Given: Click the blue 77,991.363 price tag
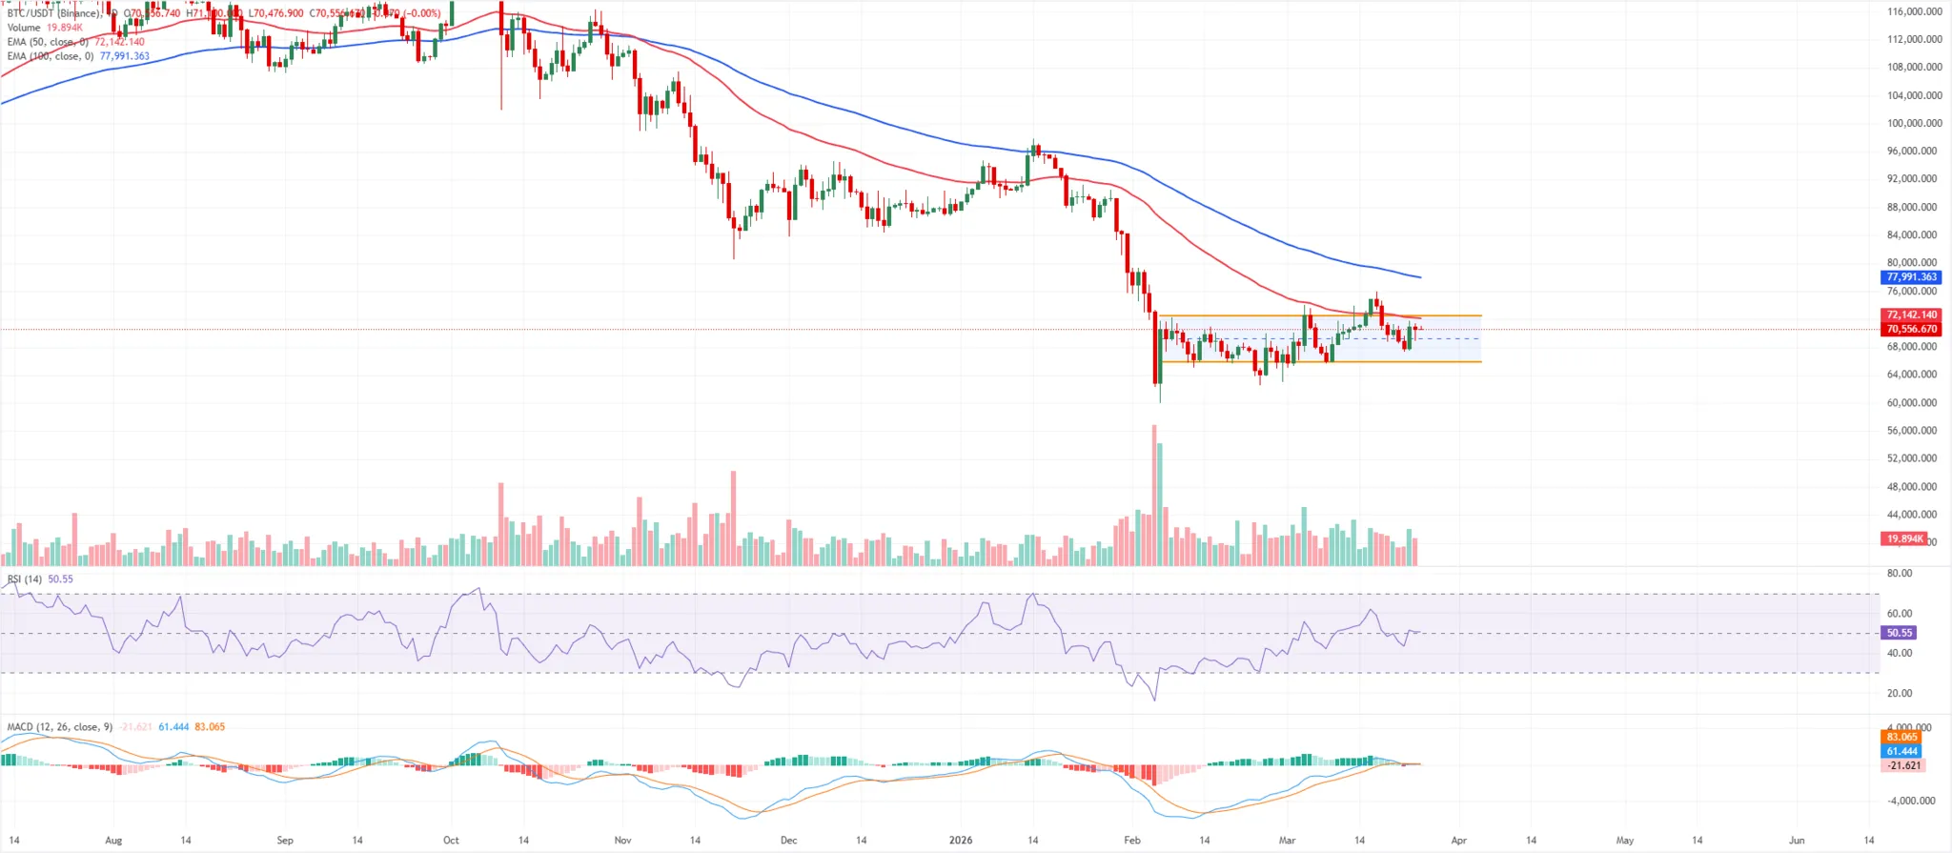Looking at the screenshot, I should [x=1911, y=277].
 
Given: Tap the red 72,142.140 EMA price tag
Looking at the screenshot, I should [x=1911, y=315].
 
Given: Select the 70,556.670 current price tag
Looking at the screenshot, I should [x=1911, y=329].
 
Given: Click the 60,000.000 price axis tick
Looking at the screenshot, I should [x=1914, y=402].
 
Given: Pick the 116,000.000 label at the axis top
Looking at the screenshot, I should [x=1914, y=11].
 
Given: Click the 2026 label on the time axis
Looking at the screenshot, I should [x=961, y=841].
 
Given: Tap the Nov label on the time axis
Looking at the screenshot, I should [x=622, y=841].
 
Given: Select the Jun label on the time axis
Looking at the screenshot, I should [x=1797, y=841].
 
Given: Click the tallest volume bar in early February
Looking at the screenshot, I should [x=1154, y=496].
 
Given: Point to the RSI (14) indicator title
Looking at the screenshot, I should [x=25, y=579].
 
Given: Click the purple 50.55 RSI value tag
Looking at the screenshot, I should [x=1899, y=633].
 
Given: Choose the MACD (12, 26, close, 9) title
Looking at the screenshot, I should [x=59, y=727].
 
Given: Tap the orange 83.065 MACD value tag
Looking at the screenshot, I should [x=1901, y=737].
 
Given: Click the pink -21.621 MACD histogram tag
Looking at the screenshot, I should [x=1903, y=765].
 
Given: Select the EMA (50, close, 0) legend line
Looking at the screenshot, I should [x=48, y=42].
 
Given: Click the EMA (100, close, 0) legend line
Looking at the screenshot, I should [x=51, y=56].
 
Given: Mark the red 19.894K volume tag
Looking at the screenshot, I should [x=1904, y=538].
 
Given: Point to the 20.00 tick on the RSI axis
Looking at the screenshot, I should [x=1899, y=693].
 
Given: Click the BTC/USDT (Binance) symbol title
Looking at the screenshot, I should [x=53, y=13].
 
